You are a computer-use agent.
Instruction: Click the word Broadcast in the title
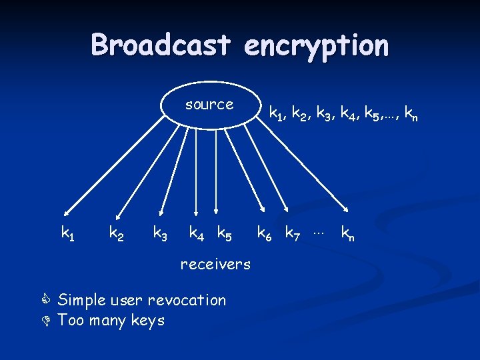161,45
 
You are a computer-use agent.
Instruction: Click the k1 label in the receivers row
68,233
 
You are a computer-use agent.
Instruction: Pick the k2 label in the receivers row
115,233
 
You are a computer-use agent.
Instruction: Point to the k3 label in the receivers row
161,233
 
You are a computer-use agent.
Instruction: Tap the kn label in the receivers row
347,233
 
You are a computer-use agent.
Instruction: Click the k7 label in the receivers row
293,233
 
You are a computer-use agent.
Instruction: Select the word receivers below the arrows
215,264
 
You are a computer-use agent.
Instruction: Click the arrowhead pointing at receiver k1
69,209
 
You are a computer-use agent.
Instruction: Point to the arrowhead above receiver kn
346,209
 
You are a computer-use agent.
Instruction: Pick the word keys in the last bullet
148,321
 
